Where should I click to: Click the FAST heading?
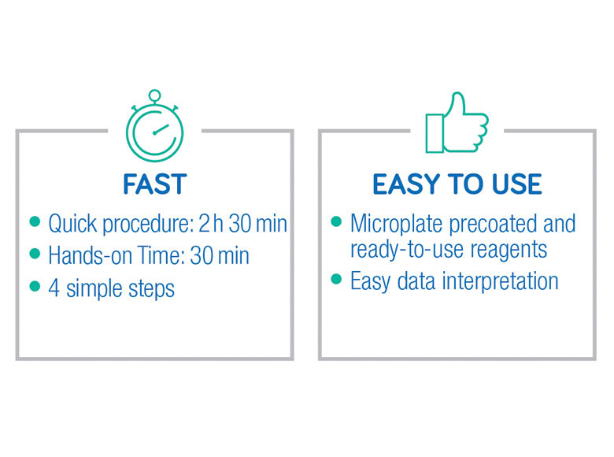(x=154, y=184)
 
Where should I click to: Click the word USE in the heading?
(x=517, y=184)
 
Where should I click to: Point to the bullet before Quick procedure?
(x=35, y=222)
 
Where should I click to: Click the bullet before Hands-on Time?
(x=35, y=254)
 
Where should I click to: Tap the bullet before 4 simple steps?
(x=35, y=286)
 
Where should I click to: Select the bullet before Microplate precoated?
(x=336, y=221)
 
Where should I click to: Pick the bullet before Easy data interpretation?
(x=336, y=279)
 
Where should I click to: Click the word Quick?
(x=73, y=224)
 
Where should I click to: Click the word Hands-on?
(x=90, y=255)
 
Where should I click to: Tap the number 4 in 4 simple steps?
(x=54, y=288)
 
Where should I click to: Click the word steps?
(x=152, y=290)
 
